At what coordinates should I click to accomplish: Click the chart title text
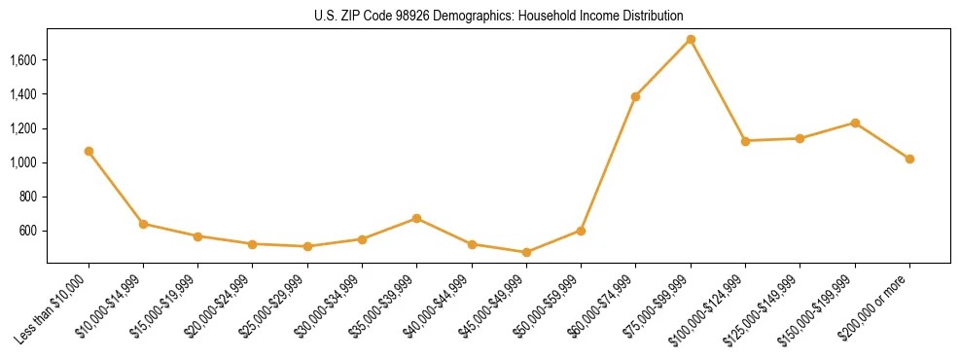499,17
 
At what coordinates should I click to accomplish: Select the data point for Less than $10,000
89,151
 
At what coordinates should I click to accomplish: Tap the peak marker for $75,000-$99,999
691,39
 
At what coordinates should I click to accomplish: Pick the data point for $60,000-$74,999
635,96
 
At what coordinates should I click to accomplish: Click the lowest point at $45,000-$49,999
526,252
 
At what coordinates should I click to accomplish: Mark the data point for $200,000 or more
909,159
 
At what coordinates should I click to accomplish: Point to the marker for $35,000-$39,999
416,218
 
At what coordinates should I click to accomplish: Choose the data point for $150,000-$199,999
855,123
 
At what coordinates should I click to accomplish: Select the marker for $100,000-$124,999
745,141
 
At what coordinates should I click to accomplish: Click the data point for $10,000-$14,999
143,224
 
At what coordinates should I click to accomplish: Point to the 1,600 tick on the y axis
22,60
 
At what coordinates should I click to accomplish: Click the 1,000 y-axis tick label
22,162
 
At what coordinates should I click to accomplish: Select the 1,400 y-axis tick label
22,94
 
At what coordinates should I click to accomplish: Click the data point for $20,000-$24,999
253,244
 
